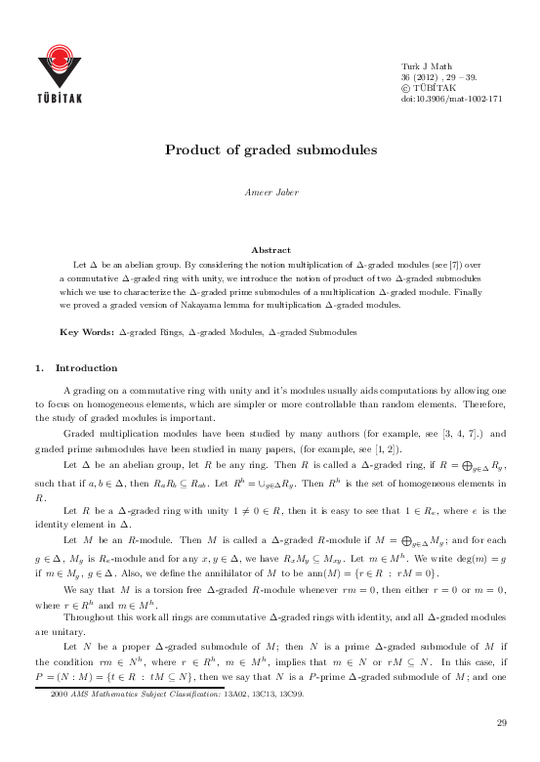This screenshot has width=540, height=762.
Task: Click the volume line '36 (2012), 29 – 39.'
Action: tap(438, 75)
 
